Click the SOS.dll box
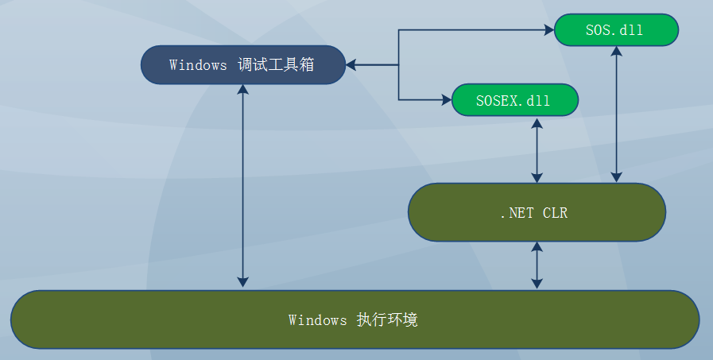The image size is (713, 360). tap(616, 30)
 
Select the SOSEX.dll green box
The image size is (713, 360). tap(515, 100)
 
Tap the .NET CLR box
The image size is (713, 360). tap(537, 212)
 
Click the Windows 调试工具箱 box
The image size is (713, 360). tap(243, 64)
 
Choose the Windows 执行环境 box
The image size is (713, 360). tap(355, 319)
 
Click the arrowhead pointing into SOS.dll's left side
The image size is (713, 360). tap(549, 30)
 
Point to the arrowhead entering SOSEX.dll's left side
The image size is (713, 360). tap(447, 99)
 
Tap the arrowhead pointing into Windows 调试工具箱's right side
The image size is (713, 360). tap(351, 65)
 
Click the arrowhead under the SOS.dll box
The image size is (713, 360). tap(616, 51)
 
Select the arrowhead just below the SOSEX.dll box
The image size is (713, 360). tap(537, 122)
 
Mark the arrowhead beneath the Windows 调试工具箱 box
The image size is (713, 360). tap(242, 90)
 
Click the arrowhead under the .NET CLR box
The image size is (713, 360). tap(537, 246)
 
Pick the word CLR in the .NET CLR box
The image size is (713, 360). tap(555, 213)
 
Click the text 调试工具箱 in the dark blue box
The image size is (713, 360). tap(276, 64)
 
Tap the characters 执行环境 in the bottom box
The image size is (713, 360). tap(387, 320)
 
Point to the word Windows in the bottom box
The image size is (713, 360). tap(317, 320)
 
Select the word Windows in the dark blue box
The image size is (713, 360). tap(198, 64)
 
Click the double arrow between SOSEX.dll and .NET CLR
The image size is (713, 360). tap(537, 150)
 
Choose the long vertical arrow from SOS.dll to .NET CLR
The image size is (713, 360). tap(616, 114)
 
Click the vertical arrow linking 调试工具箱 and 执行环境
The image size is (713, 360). tap(242, 186)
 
